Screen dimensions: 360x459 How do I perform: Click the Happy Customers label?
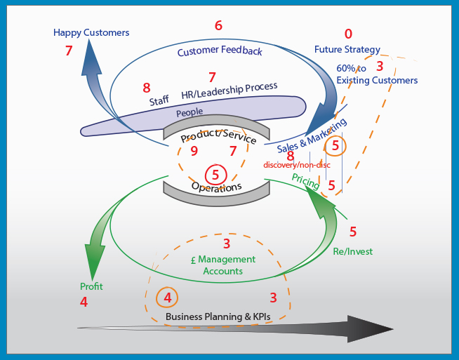click(x=91, y=32)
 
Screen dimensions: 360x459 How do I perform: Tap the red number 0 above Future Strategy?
click(x=348, y=34)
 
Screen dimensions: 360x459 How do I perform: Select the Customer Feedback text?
click(x=220, y=51)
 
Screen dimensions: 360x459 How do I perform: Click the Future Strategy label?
click(x=347, y=50)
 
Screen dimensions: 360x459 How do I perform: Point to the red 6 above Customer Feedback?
click(x=218, y=26)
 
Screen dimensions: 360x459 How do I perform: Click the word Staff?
click(x=159, y=101)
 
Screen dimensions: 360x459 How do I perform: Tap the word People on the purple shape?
click(x=189, y=112)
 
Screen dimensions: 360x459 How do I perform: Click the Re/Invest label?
click(x=353, y=251)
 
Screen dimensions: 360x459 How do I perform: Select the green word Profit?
click(x=91, y=286)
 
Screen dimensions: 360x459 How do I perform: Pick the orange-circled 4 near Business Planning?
click(x=167, y=298)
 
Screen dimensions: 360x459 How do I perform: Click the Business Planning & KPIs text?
click(x=218, y=316)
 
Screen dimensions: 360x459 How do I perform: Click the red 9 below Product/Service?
click(x=194, y=151)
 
